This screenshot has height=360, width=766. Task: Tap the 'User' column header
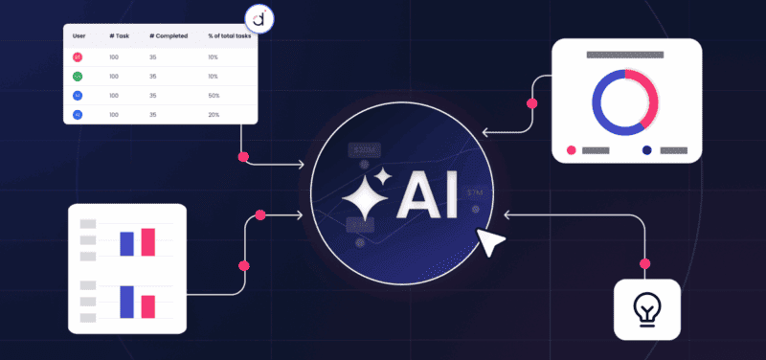[x=80, y=36]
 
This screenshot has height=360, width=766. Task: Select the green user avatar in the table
[x=78, y=76]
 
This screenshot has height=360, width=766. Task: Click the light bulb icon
[x=646, y=309]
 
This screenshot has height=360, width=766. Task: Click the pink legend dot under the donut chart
[x=572, y=150]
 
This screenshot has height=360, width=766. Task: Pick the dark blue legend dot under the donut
[x=647, y=150]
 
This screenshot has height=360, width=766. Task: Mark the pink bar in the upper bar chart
[x=147, y=242]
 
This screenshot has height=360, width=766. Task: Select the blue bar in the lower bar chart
[x=126, y=302]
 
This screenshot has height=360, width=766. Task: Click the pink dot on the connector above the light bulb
[x=646, y=263]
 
